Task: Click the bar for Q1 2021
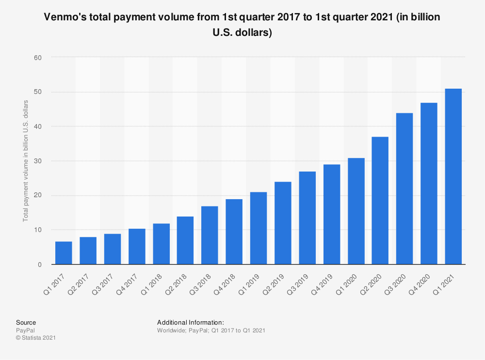453,177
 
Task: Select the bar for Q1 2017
64,253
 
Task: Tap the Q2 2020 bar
380,201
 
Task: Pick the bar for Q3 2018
210,235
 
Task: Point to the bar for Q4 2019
331,215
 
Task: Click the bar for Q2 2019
283,223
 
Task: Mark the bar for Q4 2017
137,247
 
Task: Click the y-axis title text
26,161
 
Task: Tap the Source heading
26,322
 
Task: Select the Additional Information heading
190,322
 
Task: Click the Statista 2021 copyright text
35,338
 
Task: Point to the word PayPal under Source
25,330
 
